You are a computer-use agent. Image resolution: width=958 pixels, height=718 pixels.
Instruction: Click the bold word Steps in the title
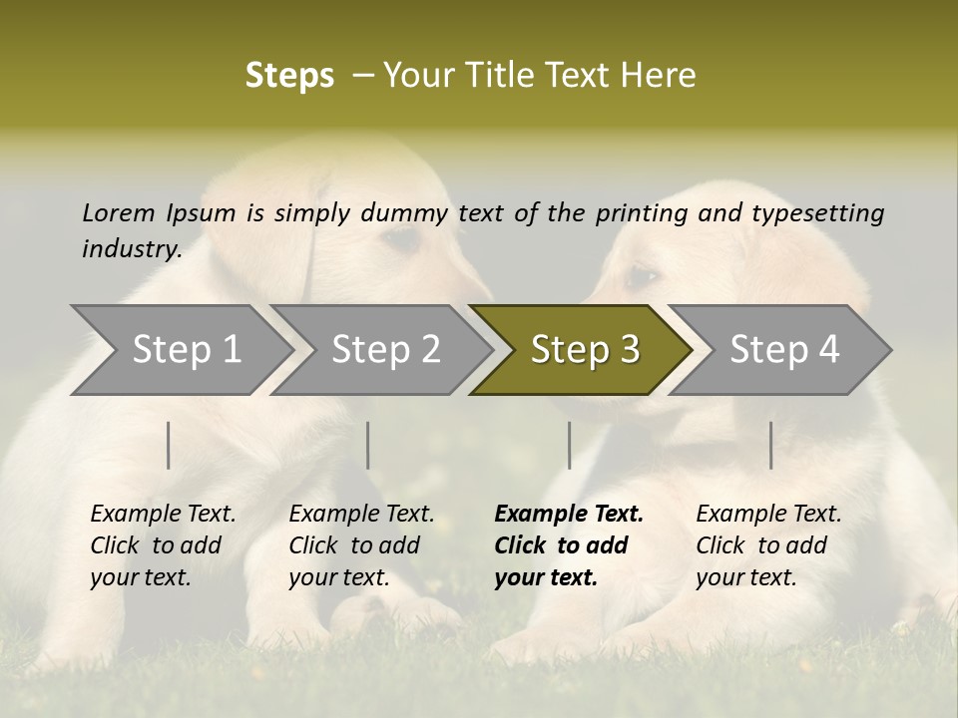pyautogui.click(x=289, y=76)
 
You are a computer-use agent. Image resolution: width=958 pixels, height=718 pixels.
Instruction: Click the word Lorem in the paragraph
pyautogui.click(x=119, y=212)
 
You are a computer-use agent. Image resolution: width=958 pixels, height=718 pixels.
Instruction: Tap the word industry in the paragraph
pyautogui.click(x=131, y=248)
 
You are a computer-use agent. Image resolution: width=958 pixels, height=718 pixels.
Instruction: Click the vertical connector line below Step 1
pyautogui.click(x=169, y=445)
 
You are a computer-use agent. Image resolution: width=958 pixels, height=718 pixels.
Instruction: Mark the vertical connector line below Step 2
pyautogui.click(x=368, y=445)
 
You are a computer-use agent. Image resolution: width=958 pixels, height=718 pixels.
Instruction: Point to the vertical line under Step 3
pyautogui.click(x=570, y=445)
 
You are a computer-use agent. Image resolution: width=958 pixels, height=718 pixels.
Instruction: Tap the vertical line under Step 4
pyautogui.click(x=771, y=445)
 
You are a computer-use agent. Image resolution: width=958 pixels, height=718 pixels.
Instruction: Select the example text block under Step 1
pyautogui.click(x=163, y=545)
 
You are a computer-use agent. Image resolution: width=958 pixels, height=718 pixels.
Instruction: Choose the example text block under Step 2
pyautogui.click(x=361, y=545)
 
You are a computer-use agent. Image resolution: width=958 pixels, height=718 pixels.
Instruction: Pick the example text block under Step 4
pyautogui.click(x=768, y=545)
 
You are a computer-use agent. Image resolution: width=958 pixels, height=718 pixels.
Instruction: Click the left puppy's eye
pyautogui.click(x=401, y=237)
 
